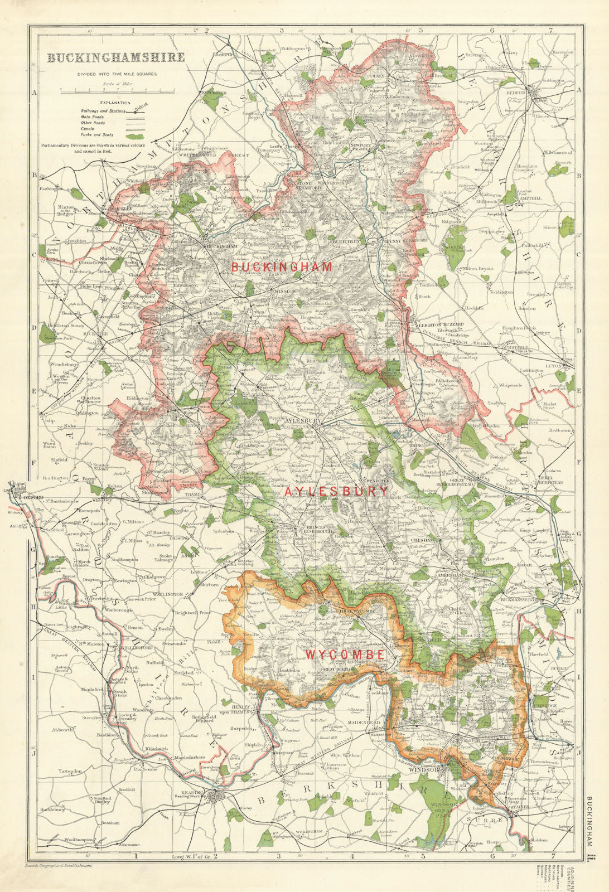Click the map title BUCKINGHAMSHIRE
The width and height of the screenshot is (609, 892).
click(115, 57)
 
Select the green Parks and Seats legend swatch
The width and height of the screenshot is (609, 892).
click(136, 135)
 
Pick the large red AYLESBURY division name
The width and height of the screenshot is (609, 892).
click(337, 491)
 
